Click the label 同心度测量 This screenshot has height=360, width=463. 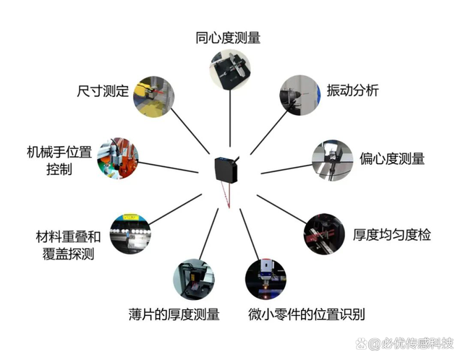coord(228,37)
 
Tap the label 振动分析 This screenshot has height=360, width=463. coord(352,91)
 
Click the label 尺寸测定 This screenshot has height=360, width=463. coord(103,92)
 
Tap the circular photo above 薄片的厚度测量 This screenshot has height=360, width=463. coord(194,279)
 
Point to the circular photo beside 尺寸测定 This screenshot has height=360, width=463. coord(153,95)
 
